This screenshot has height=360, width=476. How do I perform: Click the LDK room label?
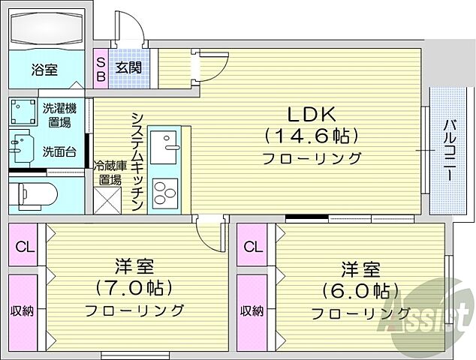pyautogui.click(x=311, y=113)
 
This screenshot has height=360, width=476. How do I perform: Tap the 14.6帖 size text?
pyautogui.click(x=311, y=136)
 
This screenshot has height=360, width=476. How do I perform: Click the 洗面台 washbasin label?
pyautogui.click(x=59, y=151)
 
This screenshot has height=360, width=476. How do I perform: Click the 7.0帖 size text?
pyautogui.click(x=133, y=287)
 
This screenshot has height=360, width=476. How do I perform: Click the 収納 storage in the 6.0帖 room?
pyautogui.click(x=252, y=310)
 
